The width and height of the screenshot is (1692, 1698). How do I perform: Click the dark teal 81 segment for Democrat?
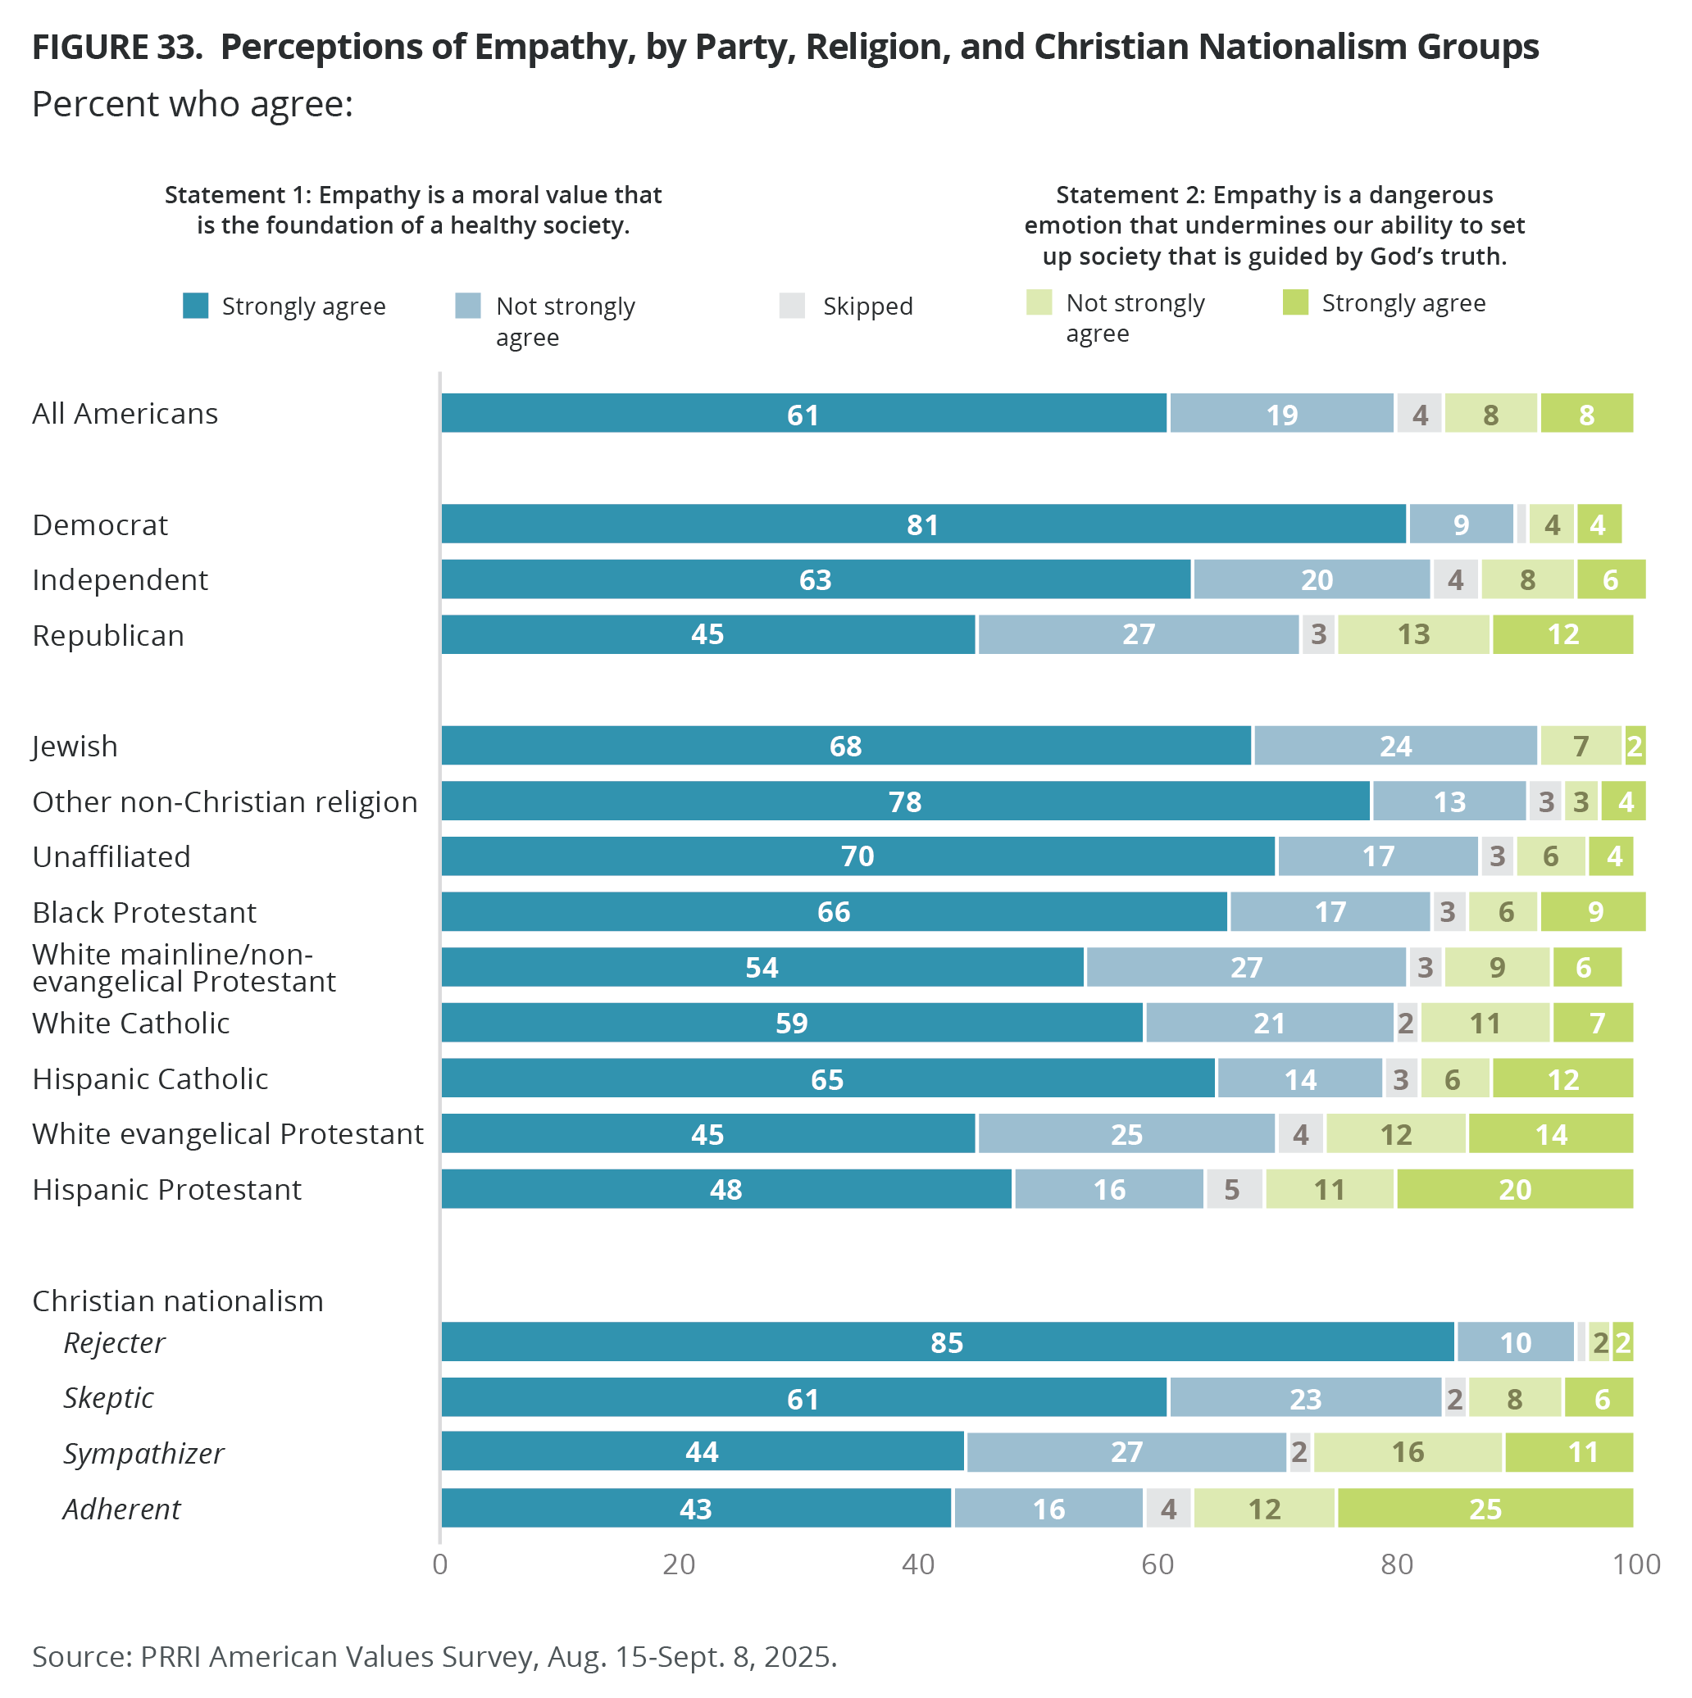pyautogui.click(x=923, y=524)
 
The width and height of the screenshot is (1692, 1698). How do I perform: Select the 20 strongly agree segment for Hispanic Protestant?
pyautogui.click(x=1514, y=1189)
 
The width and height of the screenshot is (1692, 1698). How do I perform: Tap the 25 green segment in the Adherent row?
pyautogui.click(x=1485, y=1508)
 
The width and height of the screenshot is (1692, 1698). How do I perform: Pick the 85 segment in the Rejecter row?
pyautogui.click(x=947, y=1342)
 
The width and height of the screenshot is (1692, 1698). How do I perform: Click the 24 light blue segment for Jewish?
pyautogui.click(x=1395, y=747)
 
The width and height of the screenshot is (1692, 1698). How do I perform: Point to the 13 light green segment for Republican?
pyautogui.click(x=1413, y=634)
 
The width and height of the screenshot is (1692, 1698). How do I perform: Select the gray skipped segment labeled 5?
pyautogui.click(x=1232, y=1189)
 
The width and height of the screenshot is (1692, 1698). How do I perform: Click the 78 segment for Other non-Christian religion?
pyautogui.click(x=905, y=801)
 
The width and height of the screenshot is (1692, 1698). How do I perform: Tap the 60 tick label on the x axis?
pyautogui.click(x=1158, y=1564)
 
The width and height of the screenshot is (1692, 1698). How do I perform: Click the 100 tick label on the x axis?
pyautogui.click(x=1635, y=1564)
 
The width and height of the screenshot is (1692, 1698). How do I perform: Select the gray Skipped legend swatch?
pyautogui.click(x=792, y=306)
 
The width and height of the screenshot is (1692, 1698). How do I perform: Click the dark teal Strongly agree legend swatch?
pyautogui.click(x=195, y=306)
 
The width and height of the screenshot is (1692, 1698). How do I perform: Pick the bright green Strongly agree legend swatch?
pyautogui.click(x=1295, y=302)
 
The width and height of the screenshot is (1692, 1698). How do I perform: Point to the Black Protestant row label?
pyautogui.click(x=144, y=912)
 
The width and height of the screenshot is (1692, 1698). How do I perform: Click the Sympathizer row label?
pyautogui.click(x=143, y=1453)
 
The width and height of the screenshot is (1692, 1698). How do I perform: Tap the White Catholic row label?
pyautogui.click(x=131, y=1023)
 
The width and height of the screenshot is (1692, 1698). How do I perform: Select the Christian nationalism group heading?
pyautogui.click(x=178, y=1301)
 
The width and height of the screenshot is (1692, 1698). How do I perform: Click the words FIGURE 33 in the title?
pyautogui.click(x=116, y=48)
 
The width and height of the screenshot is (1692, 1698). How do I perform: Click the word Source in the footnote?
pyautogui.click(x=81, y=1657)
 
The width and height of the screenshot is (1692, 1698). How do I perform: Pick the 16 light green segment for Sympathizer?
pyautogui.click(x=1408, y=1453)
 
